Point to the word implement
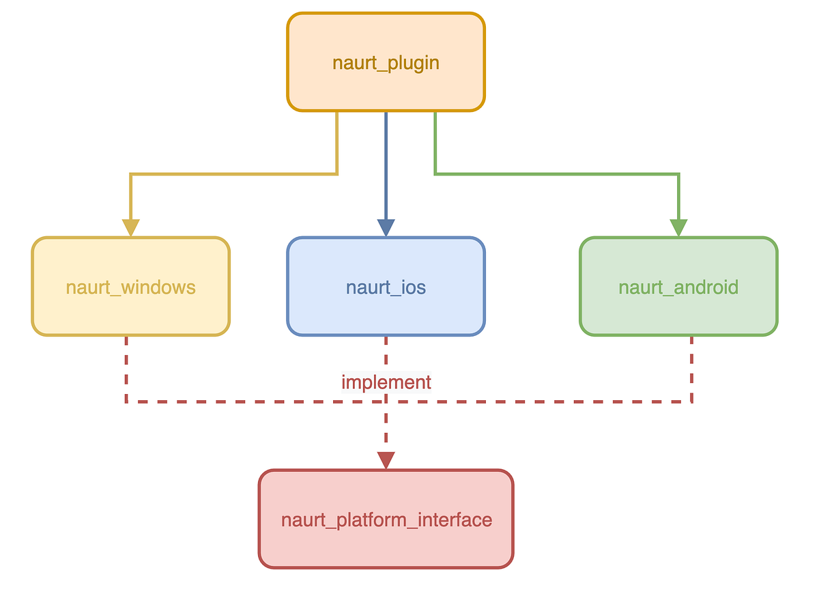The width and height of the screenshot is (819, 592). point(386,382)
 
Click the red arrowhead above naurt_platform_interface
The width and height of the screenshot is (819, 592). point(386,460)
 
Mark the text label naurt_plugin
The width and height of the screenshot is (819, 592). point(386,64)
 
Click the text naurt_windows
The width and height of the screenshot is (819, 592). point(130,287)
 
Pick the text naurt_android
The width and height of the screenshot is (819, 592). point(678,287)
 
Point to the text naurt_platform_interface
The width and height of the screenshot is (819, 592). point(386,520)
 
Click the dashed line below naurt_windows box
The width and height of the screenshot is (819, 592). point(126,369)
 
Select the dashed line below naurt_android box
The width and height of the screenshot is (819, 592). point(692,369)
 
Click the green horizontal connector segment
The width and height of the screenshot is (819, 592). point(556,174)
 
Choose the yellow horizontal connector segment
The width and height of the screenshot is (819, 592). point(232,174)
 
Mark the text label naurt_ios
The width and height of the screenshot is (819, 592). point(386,287)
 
